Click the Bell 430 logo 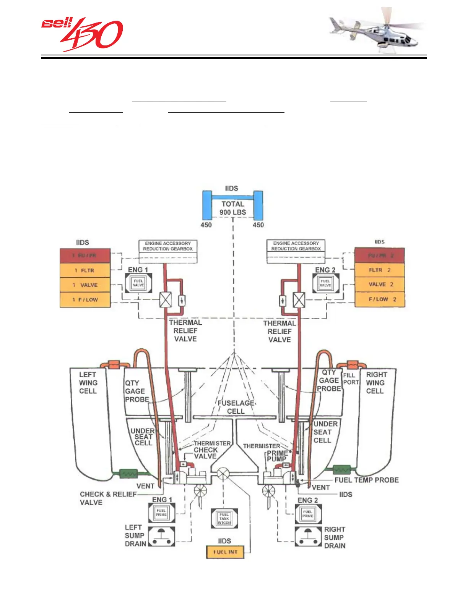pos(82,34)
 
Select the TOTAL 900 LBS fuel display pos(233,208)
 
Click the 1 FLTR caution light pos(85,270)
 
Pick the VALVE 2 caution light pos(380,285)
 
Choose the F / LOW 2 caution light pos(380,299)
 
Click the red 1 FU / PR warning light pos(85,256)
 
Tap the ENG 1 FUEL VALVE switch pos(138,283)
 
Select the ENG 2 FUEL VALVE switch pos(325,283)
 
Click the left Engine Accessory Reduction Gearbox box pos(168,246)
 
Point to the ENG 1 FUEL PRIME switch pos(161,513)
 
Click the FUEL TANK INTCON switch pos(224,518)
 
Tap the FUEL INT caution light pos(225,552)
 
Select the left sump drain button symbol pos(161,536)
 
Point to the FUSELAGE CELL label pos(236,407)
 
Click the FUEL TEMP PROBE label pos(366,480)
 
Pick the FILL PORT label pos(351,379)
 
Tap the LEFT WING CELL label pos(88,383)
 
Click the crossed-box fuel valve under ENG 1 pos(166,299)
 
